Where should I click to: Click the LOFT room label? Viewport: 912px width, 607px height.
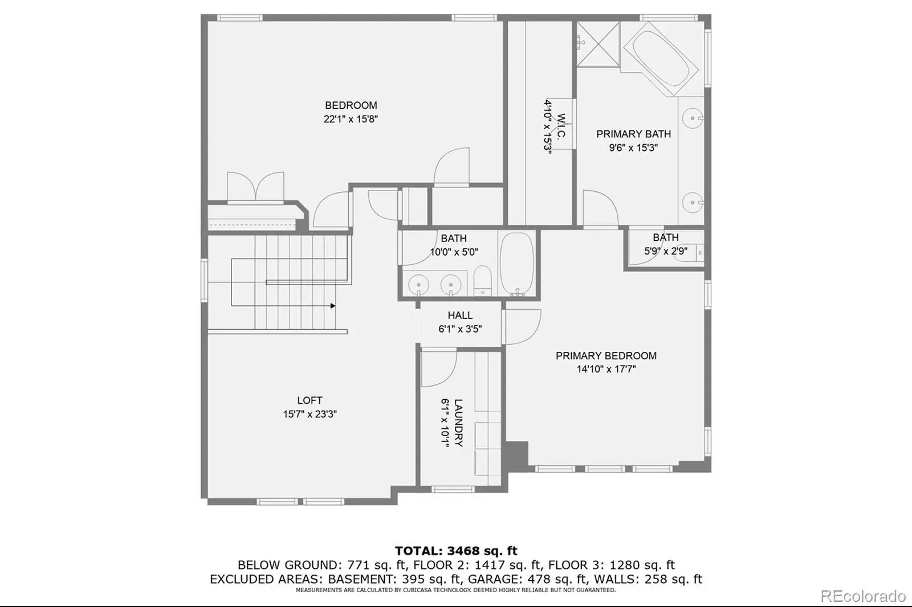click(310, 400)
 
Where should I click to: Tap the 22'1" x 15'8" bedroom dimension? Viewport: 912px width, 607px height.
click(351, 119)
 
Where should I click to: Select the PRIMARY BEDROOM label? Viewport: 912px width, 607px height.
click(606, 356)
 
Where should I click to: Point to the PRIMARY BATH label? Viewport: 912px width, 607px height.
click(633, 134)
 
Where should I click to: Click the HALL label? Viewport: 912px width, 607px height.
click(460, 315)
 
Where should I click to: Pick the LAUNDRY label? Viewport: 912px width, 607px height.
click(458, 423)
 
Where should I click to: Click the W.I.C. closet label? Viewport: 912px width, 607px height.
click(560, 126)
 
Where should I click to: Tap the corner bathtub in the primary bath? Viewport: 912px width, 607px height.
click(662, 59)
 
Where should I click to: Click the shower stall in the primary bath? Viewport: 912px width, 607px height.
click(598, 44)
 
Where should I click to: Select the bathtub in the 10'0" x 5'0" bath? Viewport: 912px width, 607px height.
click(516, 264)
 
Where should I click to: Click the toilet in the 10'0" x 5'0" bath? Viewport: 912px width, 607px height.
click(482, 281)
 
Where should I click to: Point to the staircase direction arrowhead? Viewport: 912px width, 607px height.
click(333, 306)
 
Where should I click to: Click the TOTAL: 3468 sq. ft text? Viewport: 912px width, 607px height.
click(456, 551)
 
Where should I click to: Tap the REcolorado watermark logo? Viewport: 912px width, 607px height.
click(863, 596)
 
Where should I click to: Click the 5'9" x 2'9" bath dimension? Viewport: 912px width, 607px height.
click(666, 251)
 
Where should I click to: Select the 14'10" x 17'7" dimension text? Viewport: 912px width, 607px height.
click(606, 370)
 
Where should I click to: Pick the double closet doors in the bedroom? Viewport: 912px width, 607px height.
click(255, 187)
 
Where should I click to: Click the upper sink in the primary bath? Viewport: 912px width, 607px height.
click(693, 118)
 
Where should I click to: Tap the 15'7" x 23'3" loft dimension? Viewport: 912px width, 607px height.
click(310, 414)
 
